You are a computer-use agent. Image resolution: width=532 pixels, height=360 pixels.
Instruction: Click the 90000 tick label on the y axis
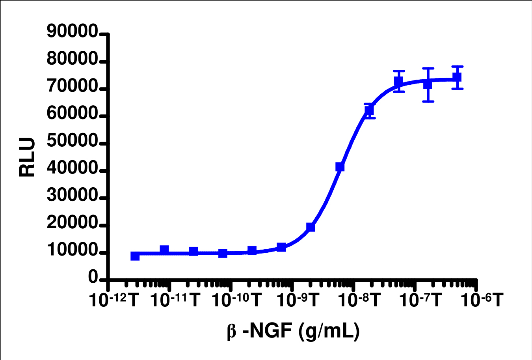[x=72, y=32]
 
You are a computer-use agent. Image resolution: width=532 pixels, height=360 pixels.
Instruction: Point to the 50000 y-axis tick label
[x=72, y=141]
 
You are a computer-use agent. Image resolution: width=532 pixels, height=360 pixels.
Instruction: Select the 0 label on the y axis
[x=93, y=278]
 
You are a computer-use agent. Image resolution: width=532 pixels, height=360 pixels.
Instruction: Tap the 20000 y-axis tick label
[x=72, y=223]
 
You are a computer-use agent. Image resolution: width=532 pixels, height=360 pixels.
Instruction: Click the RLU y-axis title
[x=27, y=157]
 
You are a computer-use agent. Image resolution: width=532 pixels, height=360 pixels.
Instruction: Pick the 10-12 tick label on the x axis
[x=114, y=300]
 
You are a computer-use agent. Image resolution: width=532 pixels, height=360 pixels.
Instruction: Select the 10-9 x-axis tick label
[x=298, y=300]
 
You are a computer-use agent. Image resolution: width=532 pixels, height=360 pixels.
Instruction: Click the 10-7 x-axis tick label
[x=421, y=300]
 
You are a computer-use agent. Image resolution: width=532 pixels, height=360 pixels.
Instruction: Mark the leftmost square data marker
[x=135, y=256]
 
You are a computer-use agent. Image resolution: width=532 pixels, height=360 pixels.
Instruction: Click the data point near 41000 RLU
[x=340, y=167]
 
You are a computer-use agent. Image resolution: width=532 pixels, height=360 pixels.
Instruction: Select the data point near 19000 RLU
[x=311, y=227]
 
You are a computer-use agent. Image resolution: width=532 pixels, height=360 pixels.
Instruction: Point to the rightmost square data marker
[x=457, y=77]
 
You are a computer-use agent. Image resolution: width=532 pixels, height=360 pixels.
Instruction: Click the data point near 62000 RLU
[x=369, y=111]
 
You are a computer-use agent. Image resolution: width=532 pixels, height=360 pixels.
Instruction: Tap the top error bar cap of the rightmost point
[x=457, y=66]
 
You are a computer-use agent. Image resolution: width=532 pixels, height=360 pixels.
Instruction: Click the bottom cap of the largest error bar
[x=428, y=102]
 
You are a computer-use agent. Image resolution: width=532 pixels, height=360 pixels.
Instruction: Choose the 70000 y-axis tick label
[x=72, y=86]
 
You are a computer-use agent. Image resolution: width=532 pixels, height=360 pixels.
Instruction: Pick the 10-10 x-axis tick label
[x=236, y=300]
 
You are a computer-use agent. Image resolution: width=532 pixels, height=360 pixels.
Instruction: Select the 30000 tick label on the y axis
[x=72, y=196]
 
